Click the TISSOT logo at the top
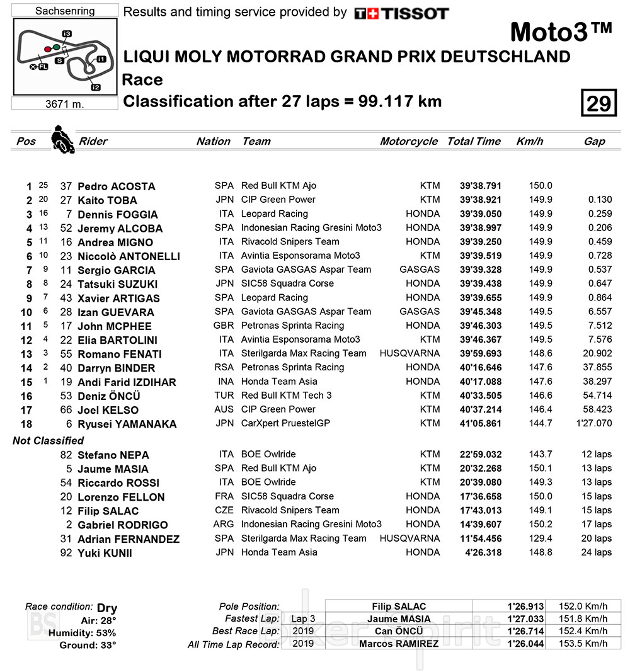[401, 13]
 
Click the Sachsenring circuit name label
[65, 11]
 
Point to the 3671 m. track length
[65, 104]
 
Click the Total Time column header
[474, 142]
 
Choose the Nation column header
[213, 142]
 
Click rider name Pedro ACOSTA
[116, 186]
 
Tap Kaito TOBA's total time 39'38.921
[481, 200]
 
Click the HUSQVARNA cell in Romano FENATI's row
[409, 353]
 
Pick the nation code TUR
[224, 396]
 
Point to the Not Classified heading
[48, 441]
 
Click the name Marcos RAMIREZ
[398, 644]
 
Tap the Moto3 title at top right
[561, 31]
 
